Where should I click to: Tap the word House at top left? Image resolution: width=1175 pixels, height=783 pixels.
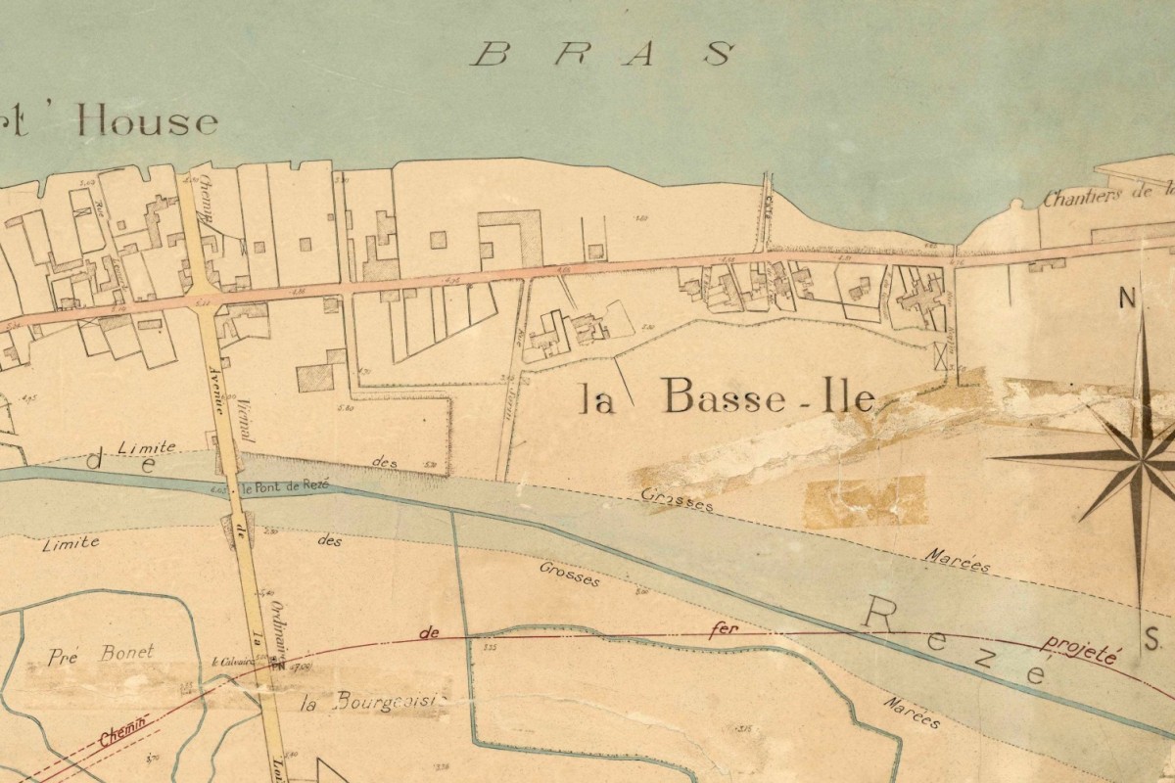[x=147, y=122]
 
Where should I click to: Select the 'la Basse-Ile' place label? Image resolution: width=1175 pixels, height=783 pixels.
[x=726, y=396]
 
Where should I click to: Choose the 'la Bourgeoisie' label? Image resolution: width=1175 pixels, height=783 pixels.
[x=373, y=702]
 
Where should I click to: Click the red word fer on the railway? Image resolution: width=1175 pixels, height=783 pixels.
[x=722, y=631]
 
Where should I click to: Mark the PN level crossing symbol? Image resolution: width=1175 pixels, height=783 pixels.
[x=277, y=667]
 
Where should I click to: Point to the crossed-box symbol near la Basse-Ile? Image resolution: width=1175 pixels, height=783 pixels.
[x=943, y=356]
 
